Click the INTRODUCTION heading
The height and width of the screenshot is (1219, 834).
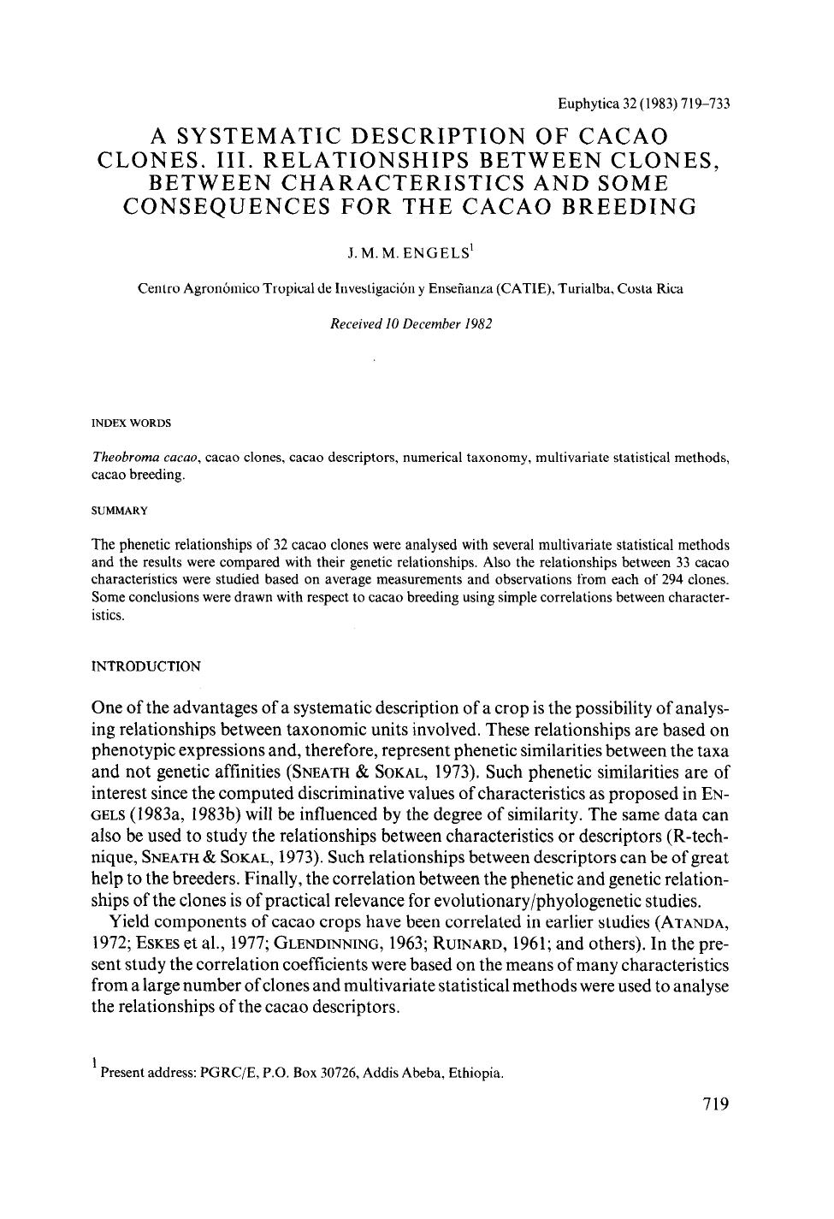pos(146,666)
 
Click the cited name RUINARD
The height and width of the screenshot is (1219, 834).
pos(459,944)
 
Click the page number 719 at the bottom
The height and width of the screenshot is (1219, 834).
pos(714,1104)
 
